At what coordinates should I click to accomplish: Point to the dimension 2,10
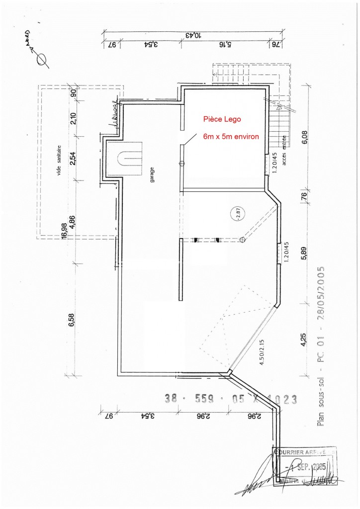tap(73, 118)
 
